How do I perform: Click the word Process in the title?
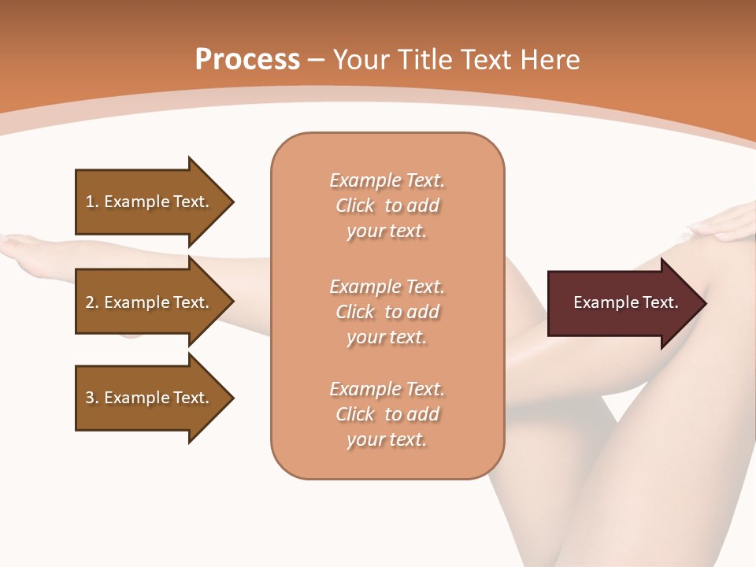(247, 60)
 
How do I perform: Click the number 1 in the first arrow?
(90, 202)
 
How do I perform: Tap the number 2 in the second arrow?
(90, 302)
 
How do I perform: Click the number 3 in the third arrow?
(90, 398)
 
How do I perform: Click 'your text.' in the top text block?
(387, 232)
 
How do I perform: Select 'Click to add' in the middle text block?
(387, 312)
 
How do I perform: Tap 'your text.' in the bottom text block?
(387, 440)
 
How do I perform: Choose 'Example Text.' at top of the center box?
(387, 180)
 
